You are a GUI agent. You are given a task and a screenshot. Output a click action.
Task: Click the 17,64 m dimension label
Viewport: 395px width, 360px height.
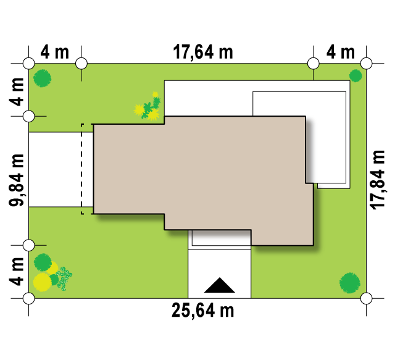[x=203, y=52]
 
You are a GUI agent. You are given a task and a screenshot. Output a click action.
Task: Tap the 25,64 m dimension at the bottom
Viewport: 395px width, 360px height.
[x=203, y=311]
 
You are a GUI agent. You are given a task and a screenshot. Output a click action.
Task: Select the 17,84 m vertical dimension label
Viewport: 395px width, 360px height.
[x=377, y=180]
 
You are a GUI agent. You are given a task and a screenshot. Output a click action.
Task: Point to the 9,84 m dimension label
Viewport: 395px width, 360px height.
[x=17, y=180]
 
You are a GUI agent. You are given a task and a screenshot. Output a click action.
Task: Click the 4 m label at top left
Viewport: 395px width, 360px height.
[x=55, y=52]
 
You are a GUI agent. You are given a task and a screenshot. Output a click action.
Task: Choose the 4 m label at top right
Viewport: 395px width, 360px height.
[x=341, y=52]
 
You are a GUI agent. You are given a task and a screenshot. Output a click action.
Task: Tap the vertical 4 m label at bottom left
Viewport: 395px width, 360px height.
[x=17, y=272]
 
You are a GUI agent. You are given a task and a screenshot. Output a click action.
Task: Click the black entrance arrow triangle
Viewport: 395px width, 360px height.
[x=220, y=285]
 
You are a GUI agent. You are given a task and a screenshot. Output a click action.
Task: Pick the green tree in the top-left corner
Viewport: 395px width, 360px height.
[x=43, y=78]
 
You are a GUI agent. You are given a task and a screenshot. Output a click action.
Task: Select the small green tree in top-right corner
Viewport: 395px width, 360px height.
[x=355, y=75]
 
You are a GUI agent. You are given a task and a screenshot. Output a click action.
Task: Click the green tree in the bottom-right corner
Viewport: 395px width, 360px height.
[x=350, y=283]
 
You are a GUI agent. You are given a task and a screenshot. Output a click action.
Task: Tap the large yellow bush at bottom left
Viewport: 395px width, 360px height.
[x=43, y=282]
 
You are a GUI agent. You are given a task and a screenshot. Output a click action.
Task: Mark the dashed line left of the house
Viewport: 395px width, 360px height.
[x=82, y=169]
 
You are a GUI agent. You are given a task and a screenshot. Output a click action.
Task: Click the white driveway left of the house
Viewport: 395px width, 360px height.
[x=55, y=169]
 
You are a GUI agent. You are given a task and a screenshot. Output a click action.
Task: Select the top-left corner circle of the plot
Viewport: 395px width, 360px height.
[x=29, y=63]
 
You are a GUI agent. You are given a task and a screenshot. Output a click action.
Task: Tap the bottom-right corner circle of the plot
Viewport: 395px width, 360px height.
[x=366, y=298]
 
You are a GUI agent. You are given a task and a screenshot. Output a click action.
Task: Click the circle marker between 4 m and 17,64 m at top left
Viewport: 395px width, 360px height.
[x=81, y=63]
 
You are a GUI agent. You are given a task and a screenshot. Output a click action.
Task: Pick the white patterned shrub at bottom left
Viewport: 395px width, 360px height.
[x=64, y=278]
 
